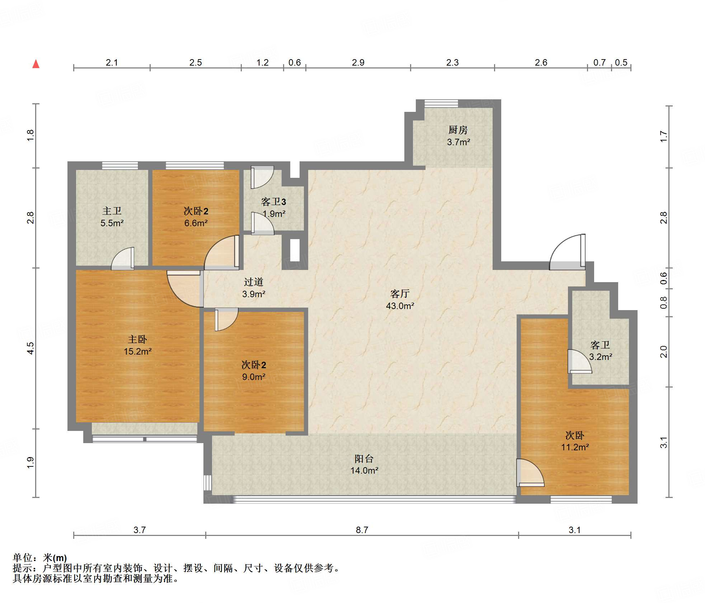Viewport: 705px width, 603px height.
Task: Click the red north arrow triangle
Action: pos(36,64)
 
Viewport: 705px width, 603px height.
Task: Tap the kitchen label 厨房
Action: pos(458,130)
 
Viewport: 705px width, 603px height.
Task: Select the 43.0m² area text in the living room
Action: pos(400,306)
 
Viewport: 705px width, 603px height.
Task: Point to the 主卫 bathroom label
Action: pos(112,211)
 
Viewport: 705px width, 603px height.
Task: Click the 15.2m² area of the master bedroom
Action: pos(138,351)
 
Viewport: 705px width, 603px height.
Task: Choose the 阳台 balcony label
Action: pos(364,459)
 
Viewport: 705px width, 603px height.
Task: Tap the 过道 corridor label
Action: pos(254,282)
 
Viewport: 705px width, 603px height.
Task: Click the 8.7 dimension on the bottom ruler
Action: pos(362,530)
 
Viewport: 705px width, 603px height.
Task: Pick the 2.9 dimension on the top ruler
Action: pos(358,62)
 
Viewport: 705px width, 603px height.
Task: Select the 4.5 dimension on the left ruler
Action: pos(30,348)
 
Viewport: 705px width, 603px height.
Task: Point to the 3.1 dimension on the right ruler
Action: pos(664,442)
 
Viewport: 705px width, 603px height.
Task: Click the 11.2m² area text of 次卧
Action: pos(575,447)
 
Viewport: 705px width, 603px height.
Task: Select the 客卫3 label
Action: pos(274,202)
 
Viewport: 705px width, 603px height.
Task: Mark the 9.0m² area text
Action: pos(254,377)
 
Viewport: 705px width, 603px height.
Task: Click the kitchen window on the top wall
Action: pos(441,104)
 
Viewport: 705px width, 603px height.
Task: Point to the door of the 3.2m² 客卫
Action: pos(580,361)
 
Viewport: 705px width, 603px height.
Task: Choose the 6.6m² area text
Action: pos(196,223)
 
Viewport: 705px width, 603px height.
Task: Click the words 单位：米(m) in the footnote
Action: pos(40,558)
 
